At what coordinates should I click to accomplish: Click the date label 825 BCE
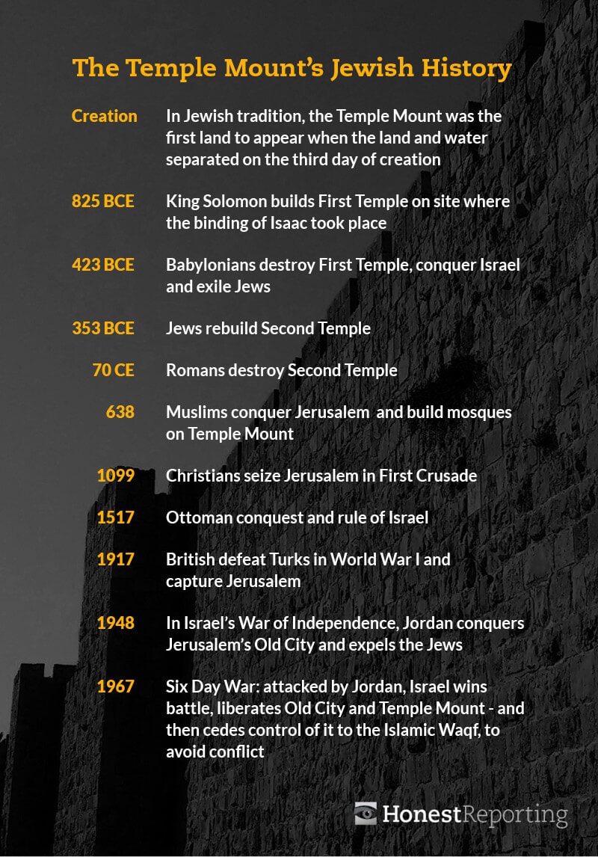tap(103, 201)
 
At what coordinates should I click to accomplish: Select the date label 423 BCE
tap(103, 265)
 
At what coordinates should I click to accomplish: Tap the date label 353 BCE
tap(103, 328)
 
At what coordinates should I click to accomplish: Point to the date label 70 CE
tap(114, 369)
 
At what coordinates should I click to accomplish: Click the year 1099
tap(116, 475)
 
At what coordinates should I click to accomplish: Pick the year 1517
tap(116, 517)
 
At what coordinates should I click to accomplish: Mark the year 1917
tap(116, 559)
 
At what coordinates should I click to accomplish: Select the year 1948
tap(116, 622)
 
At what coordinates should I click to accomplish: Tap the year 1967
tap(116, 686)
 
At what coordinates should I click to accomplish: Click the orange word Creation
tap(105, 116)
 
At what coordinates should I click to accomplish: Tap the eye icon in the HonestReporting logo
tap(366, 813)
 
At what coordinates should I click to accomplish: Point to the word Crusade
tap(446, 475)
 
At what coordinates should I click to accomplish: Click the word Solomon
tap(232, 201)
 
